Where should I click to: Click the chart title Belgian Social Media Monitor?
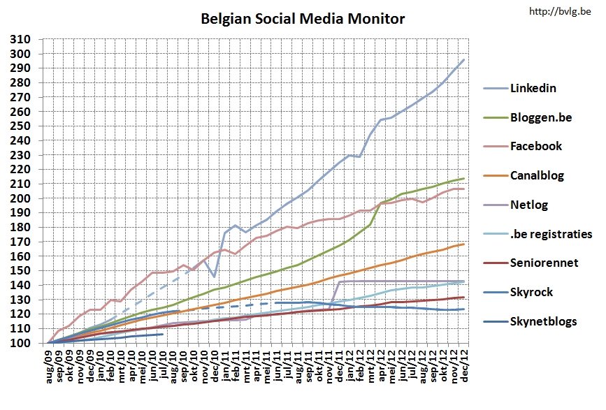point(303,19)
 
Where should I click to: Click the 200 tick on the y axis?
point(20,198)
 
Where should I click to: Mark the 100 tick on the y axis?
point(20,343)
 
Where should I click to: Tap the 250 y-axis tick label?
point(20,126)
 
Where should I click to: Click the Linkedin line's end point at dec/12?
point(464,60)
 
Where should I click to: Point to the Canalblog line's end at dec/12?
point(464,244)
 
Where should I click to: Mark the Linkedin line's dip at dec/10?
point(215,277)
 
